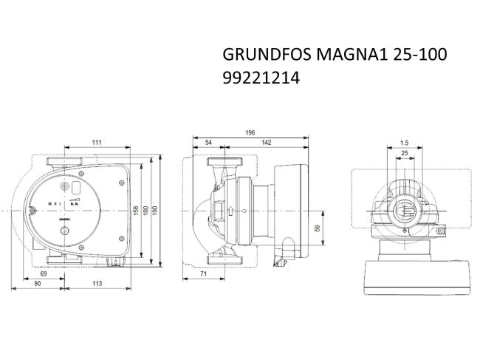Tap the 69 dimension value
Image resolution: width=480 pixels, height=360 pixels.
click(x=43, y=274)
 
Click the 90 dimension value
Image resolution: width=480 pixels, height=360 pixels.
click(x=37, y=284)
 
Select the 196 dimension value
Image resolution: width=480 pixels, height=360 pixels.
click(x=250, y=132)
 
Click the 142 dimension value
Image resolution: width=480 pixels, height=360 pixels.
click(x=265, y=142)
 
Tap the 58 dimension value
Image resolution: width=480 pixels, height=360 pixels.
click(x=318, y=229)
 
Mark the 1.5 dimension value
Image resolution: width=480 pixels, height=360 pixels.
click(x=403, y=142)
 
